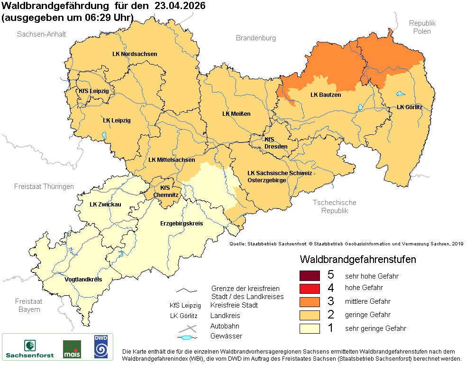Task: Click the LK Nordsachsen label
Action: pos(135,54)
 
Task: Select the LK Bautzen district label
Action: pos(326,94)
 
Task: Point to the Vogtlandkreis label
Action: pos(83,279)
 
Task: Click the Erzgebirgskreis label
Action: pos(182,223)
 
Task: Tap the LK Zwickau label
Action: pos(105,204)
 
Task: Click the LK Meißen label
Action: pos(236,113)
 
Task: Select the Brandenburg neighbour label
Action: pos(255,38)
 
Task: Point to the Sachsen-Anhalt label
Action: pos(42,34)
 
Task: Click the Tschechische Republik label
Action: pos(334,206)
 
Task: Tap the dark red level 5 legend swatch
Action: pos(310,275)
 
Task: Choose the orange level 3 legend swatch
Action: pos(310,301)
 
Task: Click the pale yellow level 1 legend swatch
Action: pos(310,328)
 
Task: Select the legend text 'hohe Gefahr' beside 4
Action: pos(364,288)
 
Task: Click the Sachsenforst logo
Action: pos(29,348)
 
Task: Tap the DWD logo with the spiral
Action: pos(100,346)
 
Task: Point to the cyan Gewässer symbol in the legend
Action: pos(187,337)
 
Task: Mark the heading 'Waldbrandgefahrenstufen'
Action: pos(358,260)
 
